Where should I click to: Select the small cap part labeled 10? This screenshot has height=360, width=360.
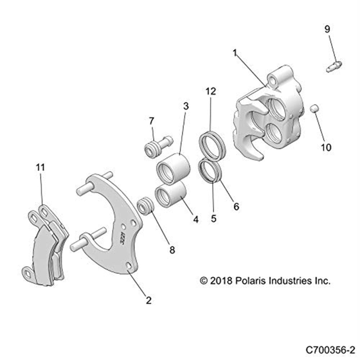(x=314, y=108)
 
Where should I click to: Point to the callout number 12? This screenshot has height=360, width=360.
(x=211, y=91)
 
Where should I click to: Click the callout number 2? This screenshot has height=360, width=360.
(x=148, y=300)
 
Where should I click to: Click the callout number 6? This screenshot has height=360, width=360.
(x=236, y=206)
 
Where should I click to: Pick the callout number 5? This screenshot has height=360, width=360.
(x=214, y=219)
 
